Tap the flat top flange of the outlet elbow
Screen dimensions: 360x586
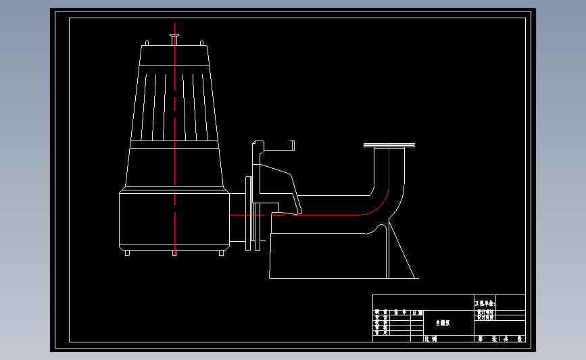click(x=389, y=145)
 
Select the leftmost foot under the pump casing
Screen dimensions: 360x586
click(x=127, y=252)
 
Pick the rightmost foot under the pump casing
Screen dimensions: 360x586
click(x=221, y=252)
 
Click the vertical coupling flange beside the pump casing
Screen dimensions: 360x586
click(x=249, y=213)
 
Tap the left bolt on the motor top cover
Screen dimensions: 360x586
click(x=147, y=44)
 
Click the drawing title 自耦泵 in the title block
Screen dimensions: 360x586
click(x=442, y=324)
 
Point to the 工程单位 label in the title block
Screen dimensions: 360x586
click(x=485, y=304)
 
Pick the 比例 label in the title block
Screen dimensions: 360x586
click(x=431, y=338)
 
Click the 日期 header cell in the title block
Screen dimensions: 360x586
click(x=417, y=313)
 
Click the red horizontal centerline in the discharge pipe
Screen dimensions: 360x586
click(x=324, y=215)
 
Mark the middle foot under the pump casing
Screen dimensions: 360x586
click(x=174, y=253)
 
